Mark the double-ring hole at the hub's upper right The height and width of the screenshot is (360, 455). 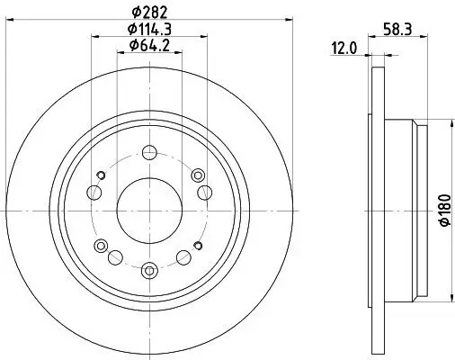click(196, 175)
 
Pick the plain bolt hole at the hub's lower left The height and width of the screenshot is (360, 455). click(115, 258)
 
